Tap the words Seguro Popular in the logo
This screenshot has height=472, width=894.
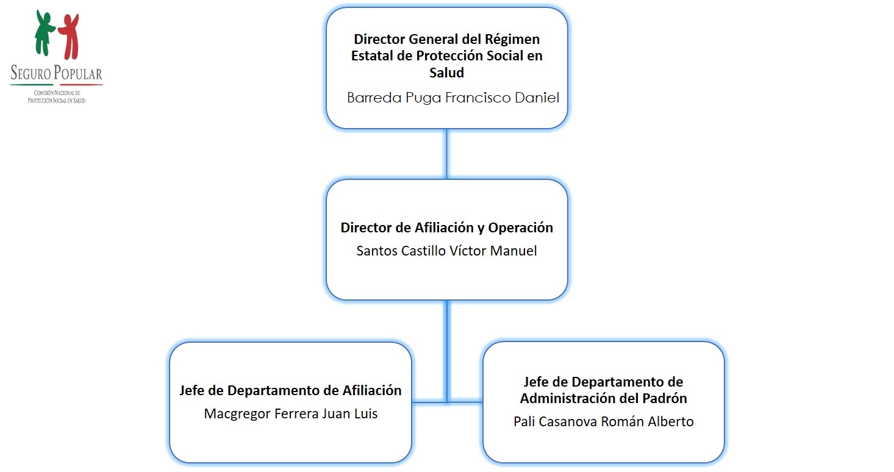pos(56,74)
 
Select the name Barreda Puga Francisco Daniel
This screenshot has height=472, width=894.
pos(452,98)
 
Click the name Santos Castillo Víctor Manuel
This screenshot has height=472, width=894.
pos(446,251)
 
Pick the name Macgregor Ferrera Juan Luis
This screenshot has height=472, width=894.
pos(291,413)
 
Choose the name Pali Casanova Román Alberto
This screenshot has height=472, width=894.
pos(603,421)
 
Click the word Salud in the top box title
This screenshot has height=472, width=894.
pos(446,73)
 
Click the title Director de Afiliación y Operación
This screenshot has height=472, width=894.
pos(446,228)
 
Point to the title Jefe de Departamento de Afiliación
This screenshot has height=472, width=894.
pos(290,390)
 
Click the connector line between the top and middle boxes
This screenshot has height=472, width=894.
pos(446,154)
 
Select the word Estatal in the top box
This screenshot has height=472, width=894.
pos(373,56)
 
